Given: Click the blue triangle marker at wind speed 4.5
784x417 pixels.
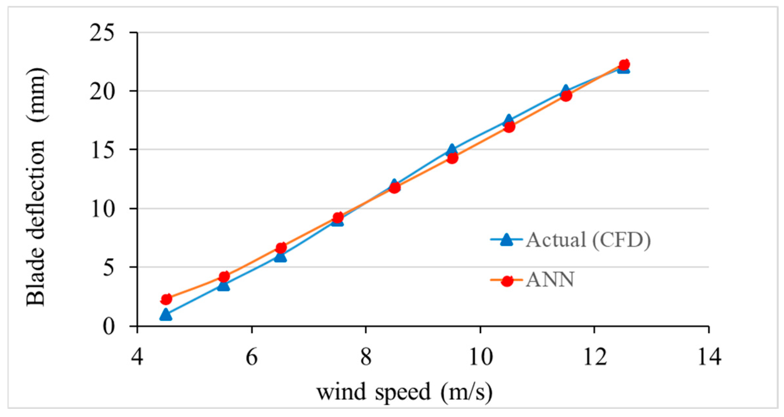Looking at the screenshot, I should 166,315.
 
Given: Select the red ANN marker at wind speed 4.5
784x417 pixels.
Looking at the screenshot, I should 166,299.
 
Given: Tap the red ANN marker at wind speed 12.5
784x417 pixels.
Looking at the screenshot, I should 624,65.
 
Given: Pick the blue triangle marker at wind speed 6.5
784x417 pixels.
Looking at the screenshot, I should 280,257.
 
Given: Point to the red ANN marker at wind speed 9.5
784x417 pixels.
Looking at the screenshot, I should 452,158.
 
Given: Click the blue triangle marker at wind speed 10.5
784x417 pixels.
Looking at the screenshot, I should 509,120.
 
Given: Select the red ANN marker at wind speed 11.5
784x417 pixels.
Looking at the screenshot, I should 566,96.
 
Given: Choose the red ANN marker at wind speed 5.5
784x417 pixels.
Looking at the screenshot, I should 224,277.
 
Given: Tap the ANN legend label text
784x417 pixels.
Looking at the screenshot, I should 550,280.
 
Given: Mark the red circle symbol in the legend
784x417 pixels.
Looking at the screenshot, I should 507,280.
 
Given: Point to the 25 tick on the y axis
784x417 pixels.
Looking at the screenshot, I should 102,33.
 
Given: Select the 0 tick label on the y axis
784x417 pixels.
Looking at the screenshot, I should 109,326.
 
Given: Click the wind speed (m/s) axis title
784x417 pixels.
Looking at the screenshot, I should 404,392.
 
